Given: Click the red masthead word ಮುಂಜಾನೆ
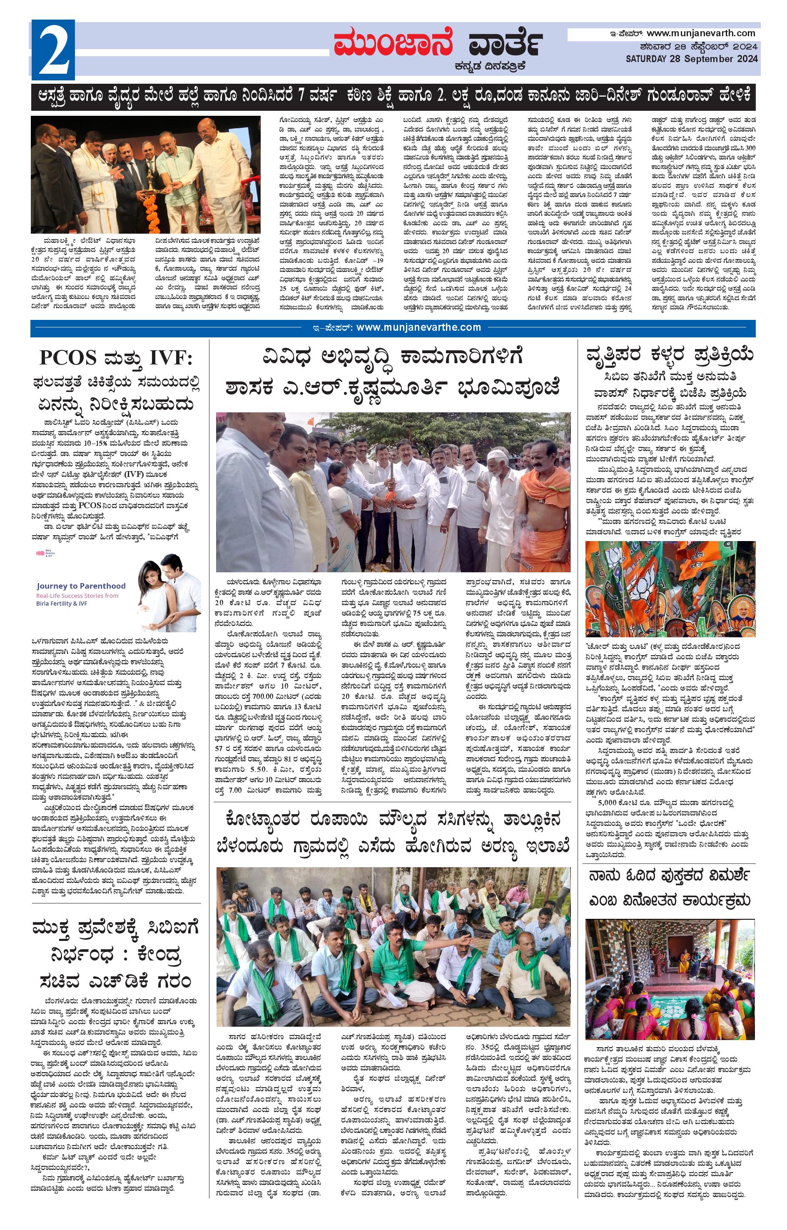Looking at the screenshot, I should pos(393,43).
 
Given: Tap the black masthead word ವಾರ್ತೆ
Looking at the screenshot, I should pos(504,43).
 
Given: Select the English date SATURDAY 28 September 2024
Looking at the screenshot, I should pos(691,59).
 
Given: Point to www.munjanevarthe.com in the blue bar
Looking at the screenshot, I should pos(418,328).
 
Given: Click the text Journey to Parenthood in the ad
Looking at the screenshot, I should pos(81,586).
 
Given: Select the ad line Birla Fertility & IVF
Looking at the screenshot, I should pos(61,604).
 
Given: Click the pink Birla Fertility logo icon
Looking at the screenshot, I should pos(40,553).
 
